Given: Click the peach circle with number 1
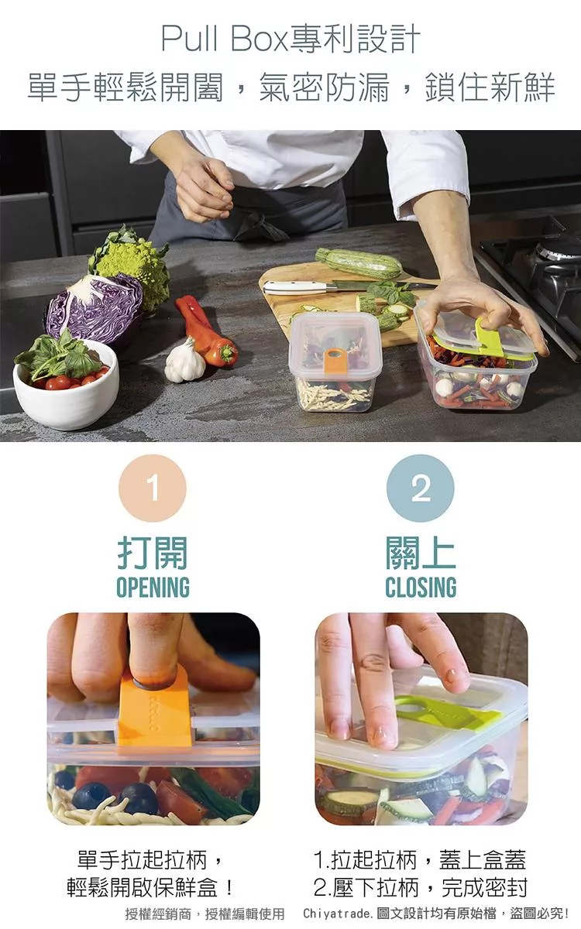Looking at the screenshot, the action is (153, 488).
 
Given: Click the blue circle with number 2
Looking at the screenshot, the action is (421, 488).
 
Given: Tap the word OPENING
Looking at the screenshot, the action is (153, 587).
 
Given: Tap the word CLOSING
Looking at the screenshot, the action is (421, 587).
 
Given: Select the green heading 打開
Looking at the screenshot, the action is (153, 553).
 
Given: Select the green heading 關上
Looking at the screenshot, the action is (421, 553).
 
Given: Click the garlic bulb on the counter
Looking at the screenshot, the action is (184, 361).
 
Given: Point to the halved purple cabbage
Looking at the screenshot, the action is (94, 308).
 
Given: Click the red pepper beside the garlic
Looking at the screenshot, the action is (206, 332).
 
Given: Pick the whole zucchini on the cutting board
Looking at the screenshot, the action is (359, 262).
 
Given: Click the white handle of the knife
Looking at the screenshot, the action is (294, 287).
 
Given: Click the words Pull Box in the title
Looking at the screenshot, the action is (224, 39).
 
